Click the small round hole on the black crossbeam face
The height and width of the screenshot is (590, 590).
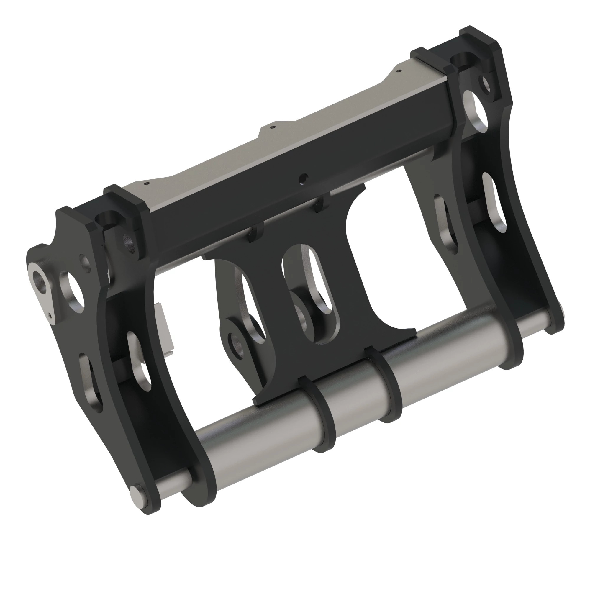point(303,177)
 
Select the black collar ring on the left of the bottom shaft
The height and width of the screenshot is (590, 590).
point(318,413)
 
